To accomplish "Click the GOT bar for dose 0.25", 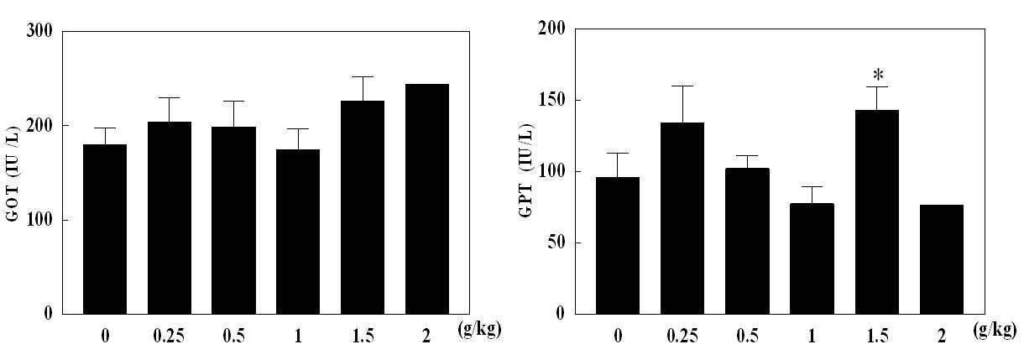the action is (170, 217).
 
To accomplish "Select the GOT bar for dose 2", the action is (427, 199).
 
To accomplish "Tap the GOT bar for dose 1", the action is (298, 232).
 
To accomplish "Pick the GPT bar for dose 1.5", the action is (877, 212).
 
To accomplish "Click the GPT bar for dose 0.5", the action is (747, 241).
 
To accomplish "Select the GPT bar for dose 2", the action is (941, 259).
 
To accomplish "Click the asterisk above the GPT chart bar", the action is (878, 75).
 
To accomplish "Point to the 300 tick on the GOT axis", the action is (39, 31).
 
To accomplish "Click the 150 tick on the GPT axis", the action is (551, 100).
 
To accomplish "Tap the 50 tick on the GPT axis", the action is (556, 243).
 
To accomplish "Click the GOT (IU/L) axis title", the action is (13, 174).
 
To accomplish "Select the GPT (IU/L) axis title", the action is (526, 171).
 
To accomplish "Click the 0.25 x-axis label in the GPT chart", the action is (682, 337).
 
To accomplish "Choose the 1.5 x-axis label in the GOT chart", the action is (363, 337).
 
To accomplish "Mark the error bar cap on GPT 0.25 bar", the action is (682, 86).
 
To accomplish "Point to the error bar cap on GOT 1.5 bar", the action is (363, 76).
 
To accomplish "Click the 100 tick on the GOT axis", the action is (39, 220).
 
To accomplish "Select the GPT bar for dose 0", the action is (618, 246).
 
